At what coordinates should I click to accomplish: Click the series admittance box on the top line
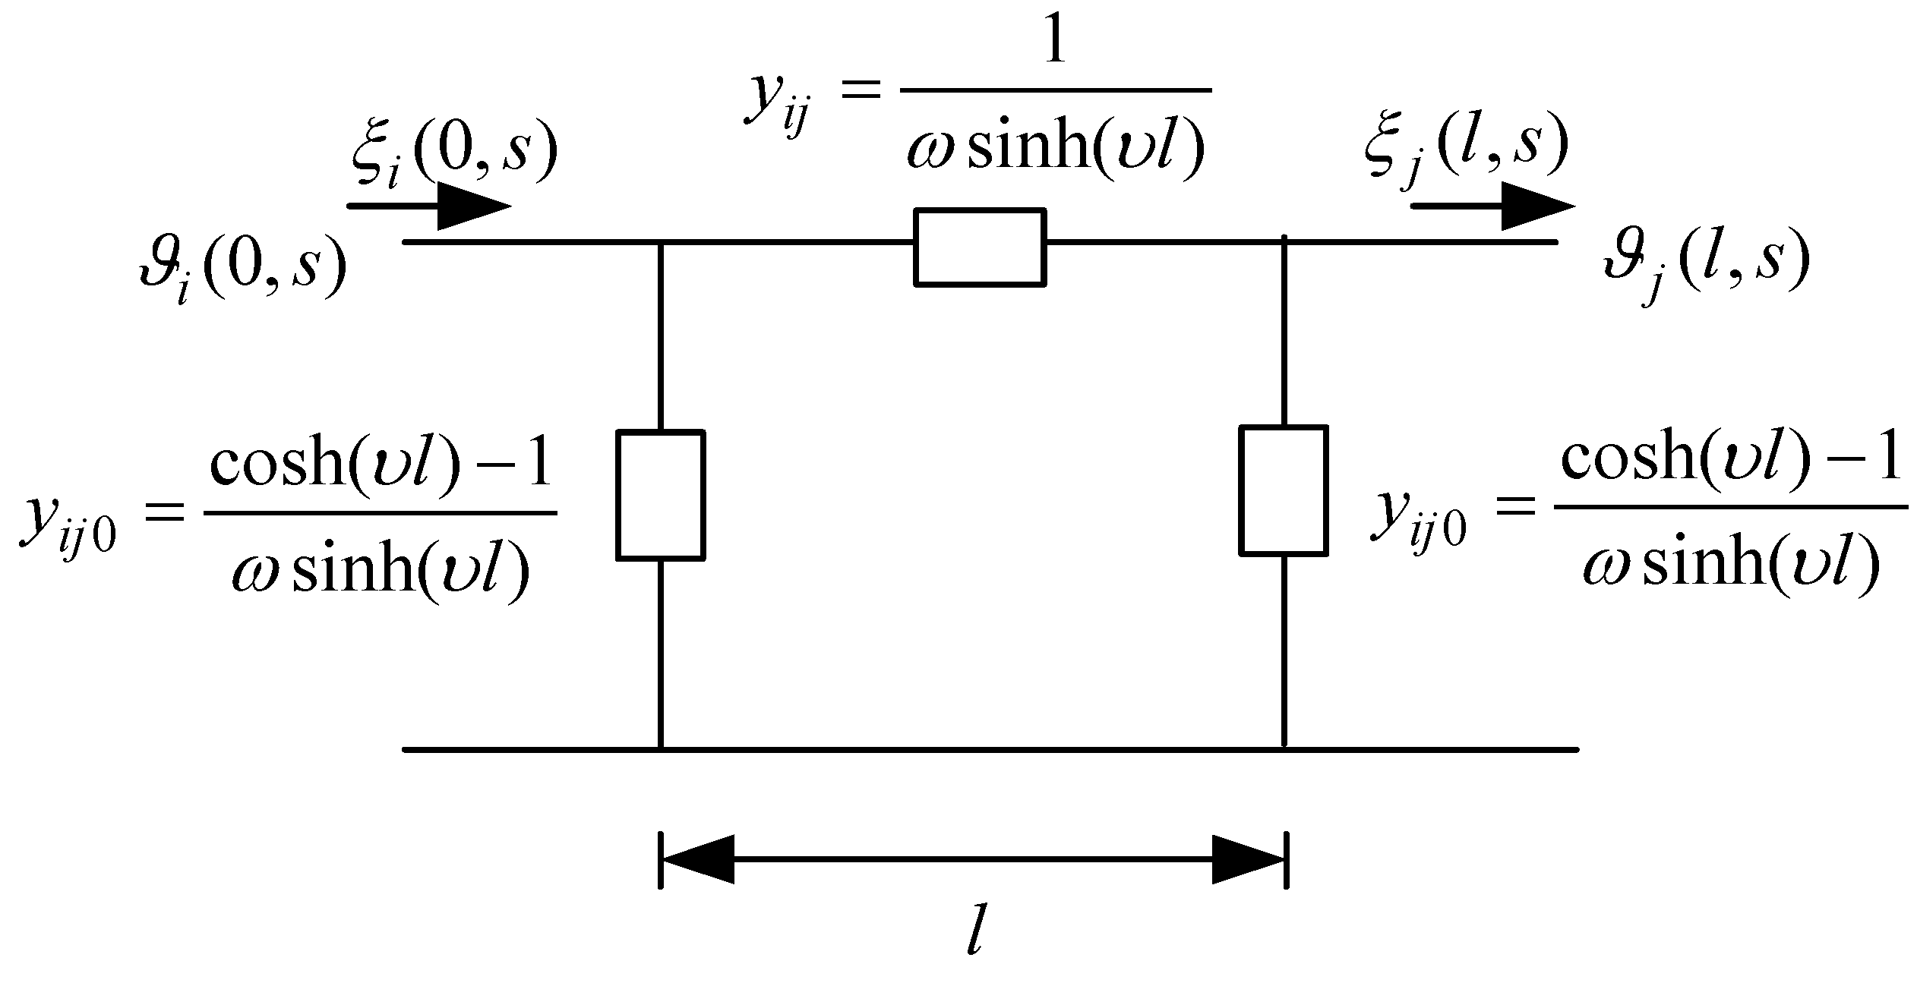coord(980,247)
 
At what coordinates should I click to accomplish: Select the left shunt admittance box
coord(660,495)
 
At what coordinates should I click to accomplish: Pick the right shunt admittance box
coord(1284,490)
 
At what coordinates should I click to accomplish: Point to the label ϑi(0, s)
coord(242,269)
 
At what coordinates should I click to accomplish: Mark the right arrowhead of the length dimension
coord(1247,859)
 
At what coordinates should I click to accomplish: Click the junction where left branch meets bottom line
coord(660,749)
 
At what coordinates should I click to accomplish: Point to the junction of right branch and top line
coord(1284,241)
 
